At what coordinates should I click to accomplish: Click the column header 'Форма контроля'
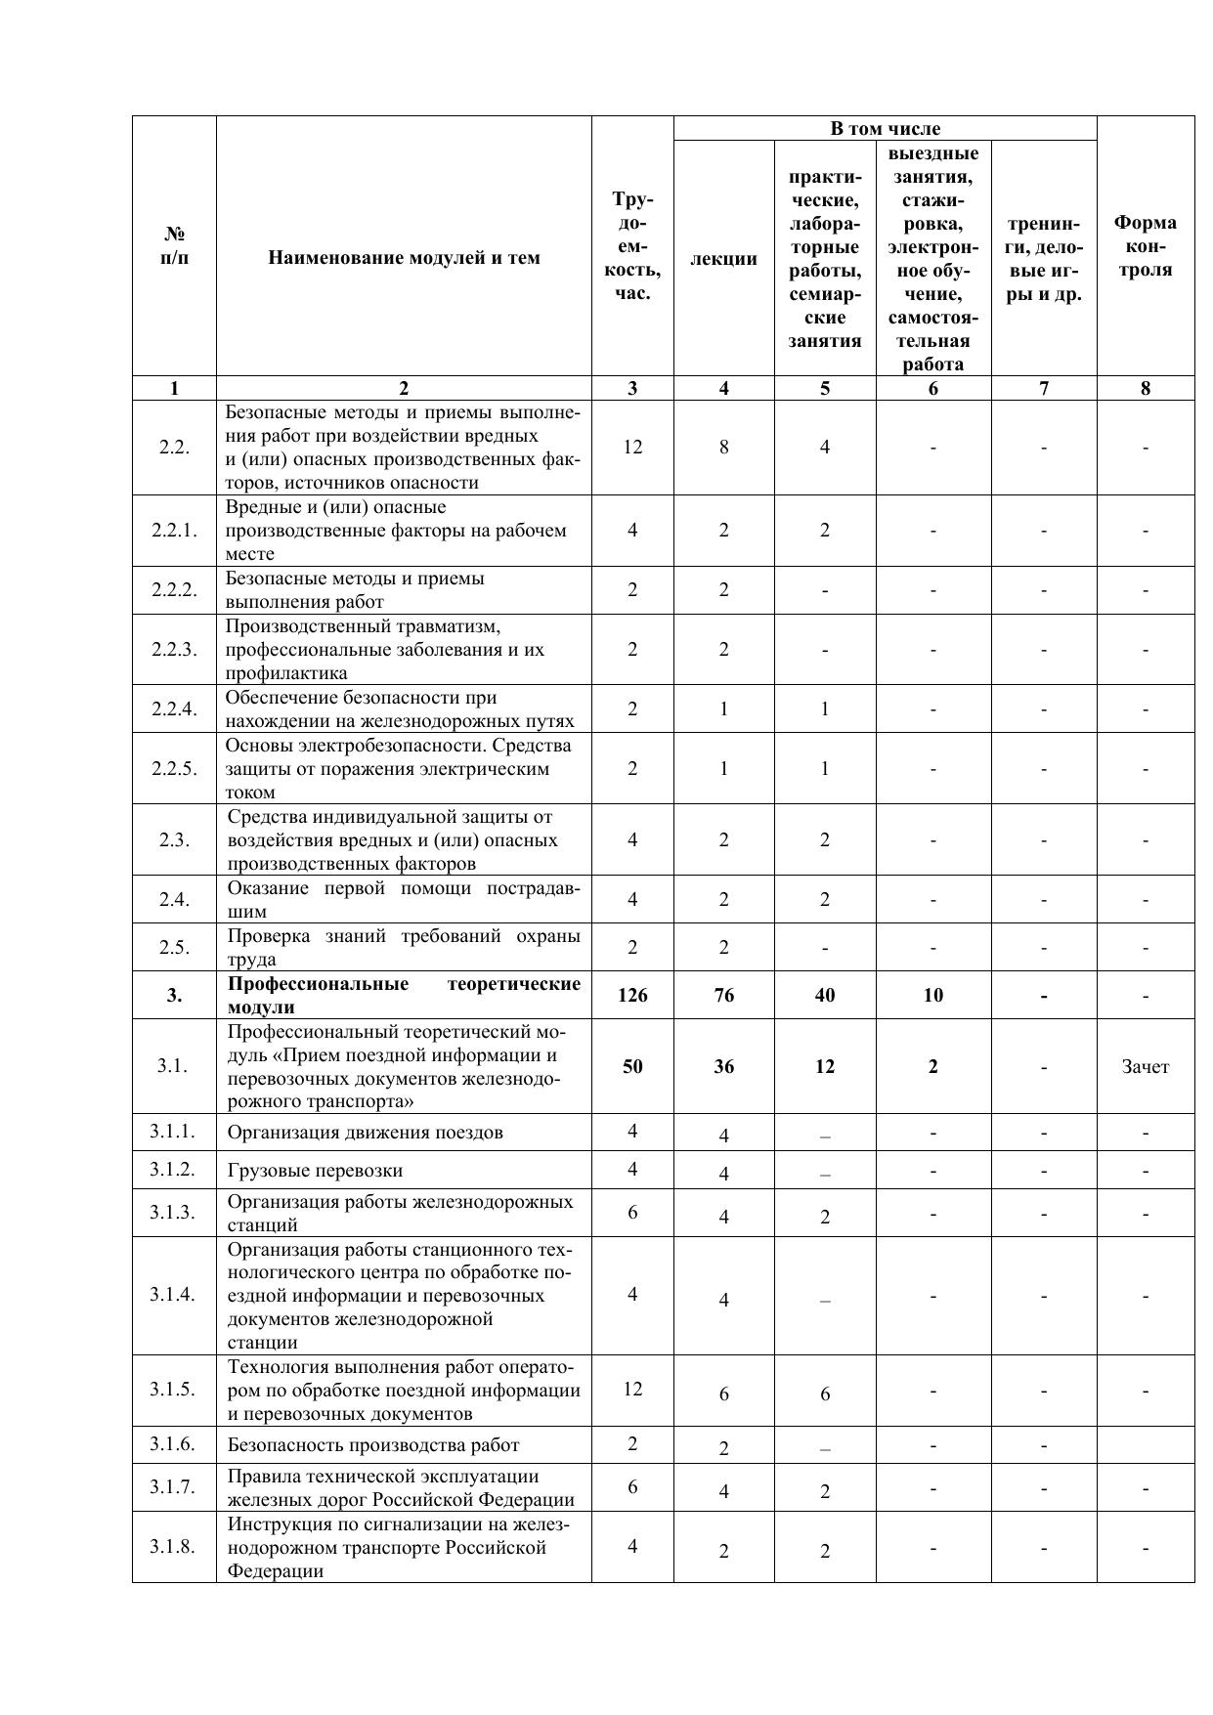1145,246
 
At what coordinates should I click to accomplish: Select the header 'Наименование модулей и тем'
404,258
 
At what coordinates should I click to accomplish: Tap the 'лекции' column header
723,258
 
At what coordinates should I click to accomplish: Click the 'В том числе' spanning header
885,128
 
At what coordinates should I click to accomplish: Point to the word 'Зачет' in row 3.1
1145,1066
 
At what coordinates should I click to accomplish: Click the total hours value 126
632,995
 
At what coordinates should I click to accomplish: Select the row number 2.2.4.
174,708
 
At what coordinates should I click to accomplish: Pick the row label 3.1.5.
173,1389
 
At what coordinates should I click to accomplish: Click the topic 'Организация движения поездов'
366,1132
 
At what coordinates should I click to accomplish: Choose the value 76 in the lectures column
723,995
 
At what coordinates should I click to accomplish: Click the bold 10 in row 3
932,995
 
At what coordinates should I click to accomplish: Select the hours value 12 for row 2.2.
632,447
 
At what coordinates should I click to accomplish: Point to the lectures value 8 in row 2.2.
723,447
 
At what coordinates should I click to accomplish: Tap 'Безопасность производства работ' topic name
373,1444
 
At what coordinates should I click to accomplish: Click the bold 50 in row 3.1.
632,1066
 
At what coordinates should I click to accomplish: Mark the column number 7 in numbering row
1043,388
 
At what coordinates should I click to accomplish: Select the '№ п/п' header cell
174,246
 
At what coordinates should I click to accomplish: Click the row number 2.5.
174,947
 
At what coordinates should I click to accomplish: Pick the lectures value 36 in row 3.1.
723,1066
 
